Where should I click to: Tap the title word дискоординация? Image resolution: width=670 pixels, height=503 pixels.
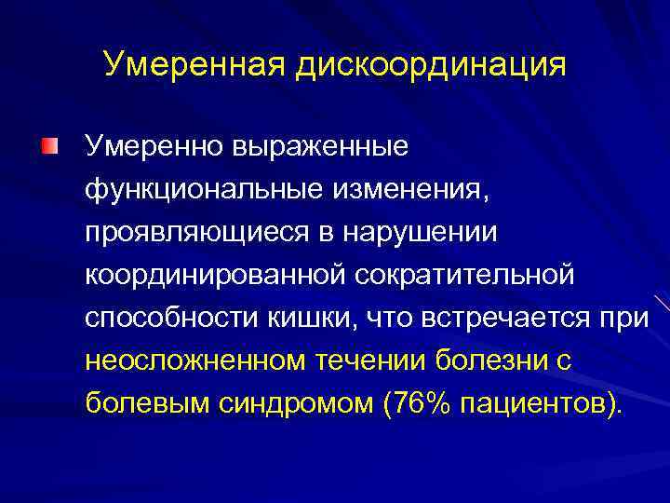pos(431,64)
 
